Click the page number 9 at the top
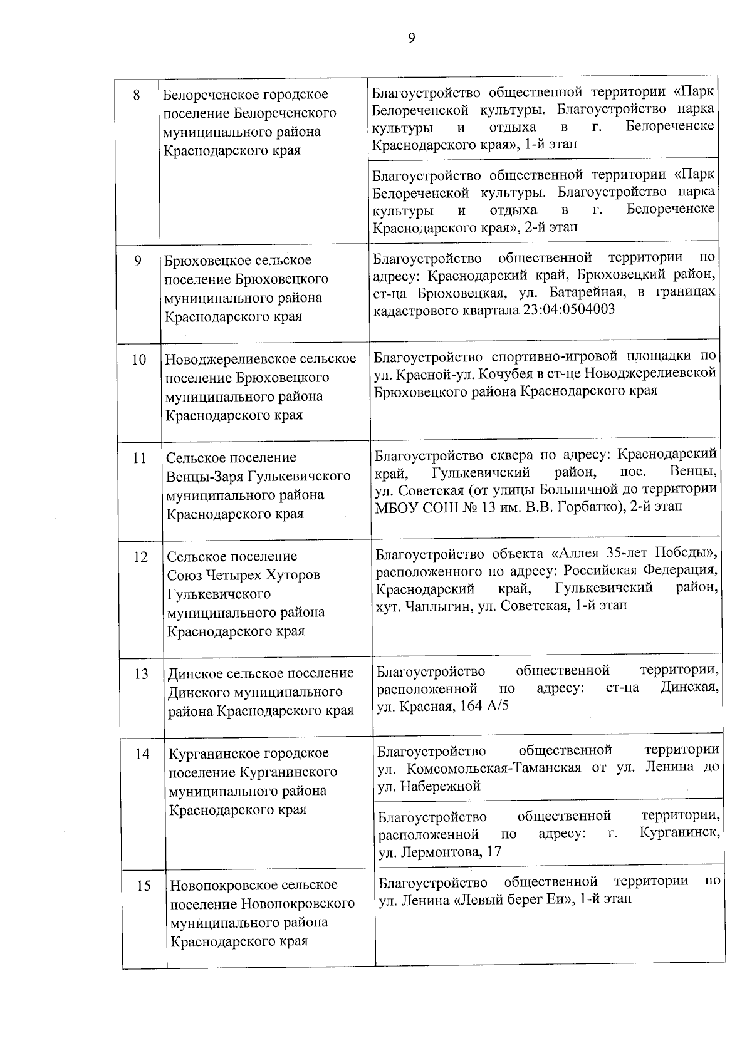412,39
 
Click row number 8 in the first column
137,96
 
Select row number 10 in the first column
138,360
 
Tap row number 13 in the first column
141,674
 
